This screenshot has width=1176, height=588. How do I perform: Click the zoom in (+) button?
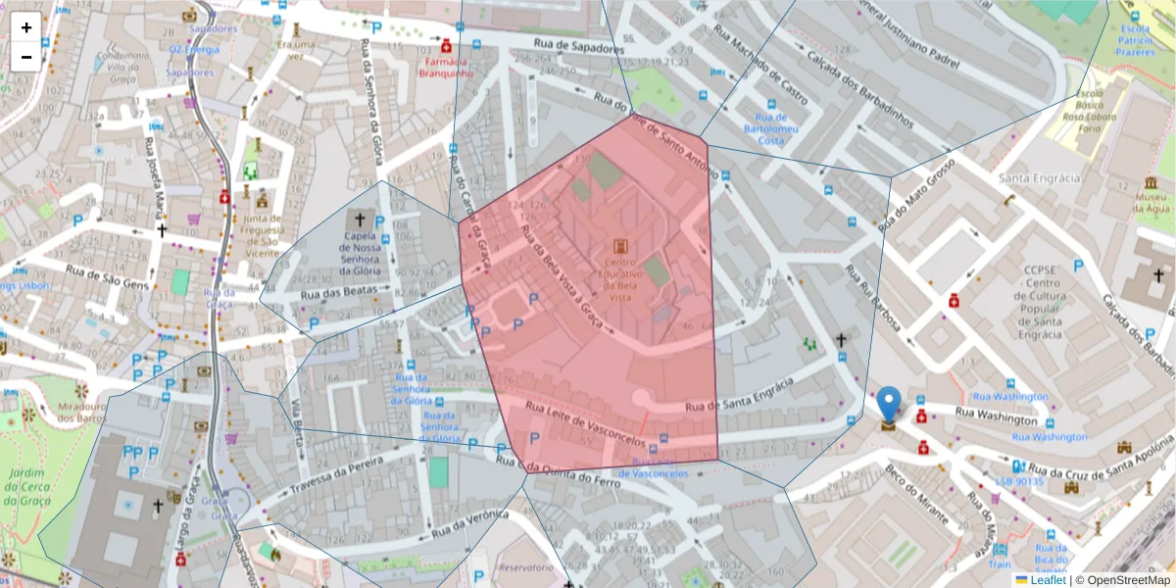click(26, 27)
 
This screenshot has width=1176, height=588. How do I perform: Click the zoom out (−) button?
click(26, 57)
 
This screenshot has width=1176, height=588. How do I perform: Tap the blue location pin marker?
click(888, 405)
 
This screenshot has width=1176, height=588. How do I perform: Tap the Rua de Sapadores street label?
click(579, 46)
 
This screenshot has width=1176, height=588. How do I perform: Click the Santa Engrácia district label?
click(1039, 178)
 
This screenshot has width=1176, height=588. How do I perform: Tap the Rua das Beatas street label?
click(338, 293)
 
